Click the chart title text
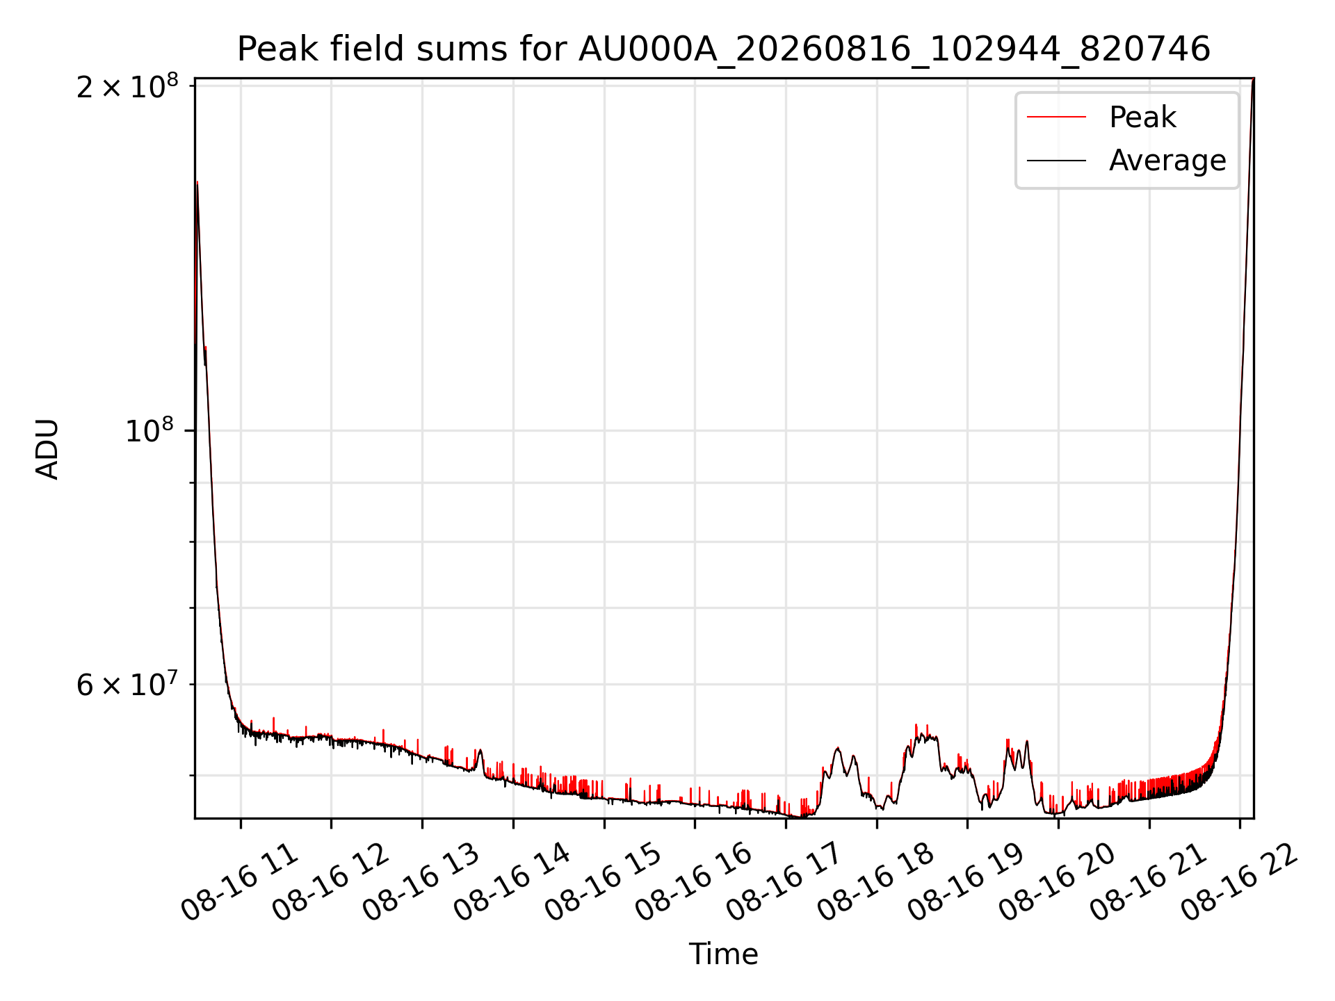pos(724,49)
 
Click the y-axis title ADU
pos(47,449)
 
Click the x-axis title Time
pos(723,954)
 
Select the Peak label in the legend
pos(1142,117)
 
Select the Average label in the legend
pos(1167,161)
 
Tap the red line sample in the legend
pos(1056,117)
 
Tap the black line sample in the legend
pos(1056,161)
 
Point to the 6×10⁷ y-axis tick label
pos(127,684)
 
